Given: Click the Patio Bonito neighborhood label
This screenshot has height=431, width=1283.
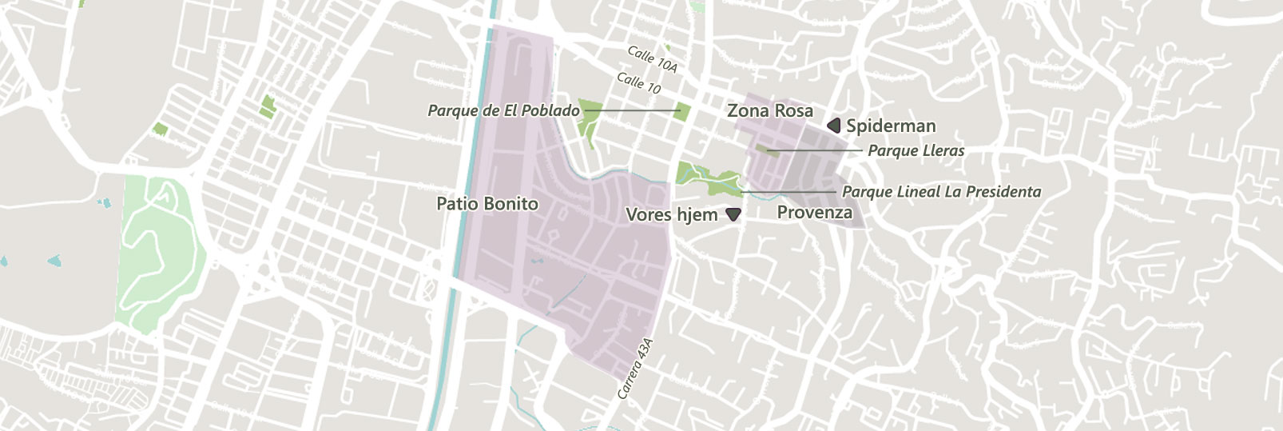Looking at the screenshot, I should click(487, 204).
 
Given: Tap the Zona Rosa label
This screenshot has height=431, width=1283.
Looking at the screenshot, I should click(769, 111).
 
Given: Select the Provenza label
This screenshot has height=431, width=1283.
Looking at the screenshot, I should click(814, 213).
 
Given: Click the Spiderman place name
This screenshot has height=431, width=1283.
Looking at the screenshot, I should click(891, 126).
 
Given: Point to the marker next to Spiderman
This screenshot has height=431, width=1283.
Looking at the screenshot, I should click(834, 126).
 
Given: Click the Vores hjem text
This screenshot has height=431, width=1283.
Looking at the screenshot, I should click(671, 214).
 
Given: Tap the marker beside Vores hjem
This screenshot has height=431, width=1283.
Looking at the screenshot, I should click(733, 214).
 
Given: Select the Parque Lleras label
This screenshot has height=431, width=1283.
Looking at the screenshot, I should click(916, 150).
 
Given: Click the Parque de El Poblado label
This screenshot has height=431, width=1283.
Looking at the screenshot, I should click(503, 110).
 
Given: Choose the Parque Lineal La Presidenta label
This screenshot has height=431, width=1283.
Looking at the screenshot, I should click(941, 192).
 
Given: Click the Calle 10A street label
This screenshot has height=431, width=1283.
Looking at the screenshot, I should click(652, 59).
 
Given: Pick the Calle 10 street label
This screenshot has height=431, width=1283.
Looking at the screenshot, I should click(638, 82).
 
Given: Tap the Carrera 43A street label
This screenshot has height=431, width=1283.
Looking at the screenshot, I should click(635, 369).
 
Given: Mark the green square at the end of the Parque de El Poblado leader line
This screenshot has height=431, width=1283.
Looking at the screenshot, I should click(681, 111).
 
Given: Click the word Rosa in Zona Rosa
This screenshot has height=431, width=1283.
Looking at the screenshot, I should click(792, 111).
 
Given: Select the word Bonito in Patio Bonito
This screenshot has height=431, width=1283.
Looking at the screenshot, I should click(511, 204).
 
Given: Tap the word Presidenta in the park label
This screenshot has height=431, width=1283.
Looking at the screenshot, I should click(1003, 192).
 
